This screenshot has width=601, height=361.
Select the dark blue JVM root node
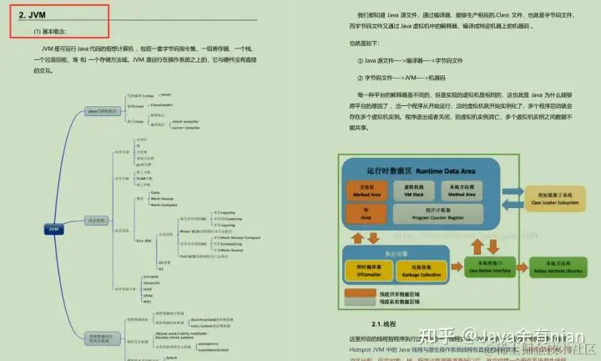click(x=53, y=227)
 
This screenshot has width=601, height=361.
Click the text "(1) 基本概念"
click(x=52, y=32)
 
